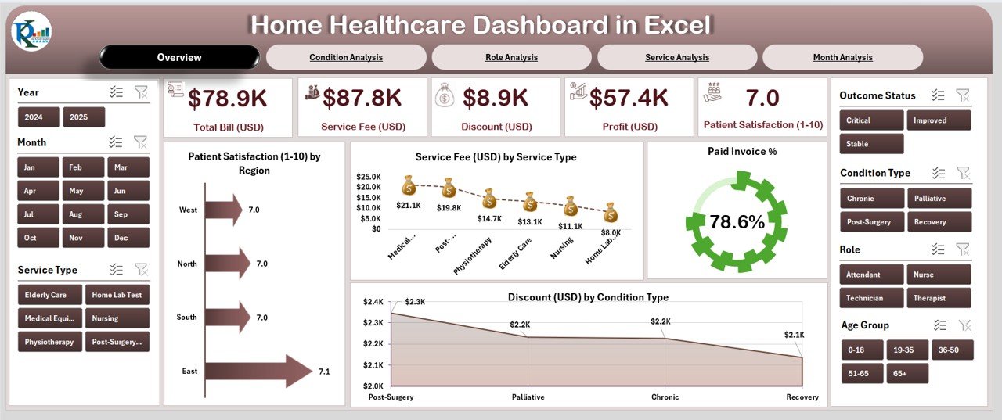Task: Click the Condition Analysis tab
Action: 346,57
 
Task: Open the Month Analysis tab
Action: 842,57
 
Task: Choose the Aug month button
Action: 75,214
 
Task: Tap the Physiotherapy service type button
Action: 49,342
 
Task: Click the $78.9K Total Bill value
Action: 227,98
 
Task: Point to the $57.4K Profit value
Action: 629,98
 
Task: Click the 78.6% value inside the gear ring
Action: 737,222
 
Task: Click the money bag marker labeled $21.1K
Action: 408,185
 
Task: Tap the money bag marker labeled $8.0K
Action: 611,212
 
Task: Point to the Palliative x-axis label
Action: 528,397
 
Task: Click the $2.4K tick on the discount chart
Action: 373,302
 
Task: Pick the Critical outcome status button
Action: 870,120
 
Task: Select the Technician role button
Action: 870,298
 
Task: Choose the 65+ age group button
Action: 907,374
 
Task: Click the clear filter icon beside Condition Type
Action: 963,173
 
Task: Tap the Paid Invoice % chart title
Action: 737,152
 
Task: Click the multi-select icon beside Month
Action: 116,142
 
